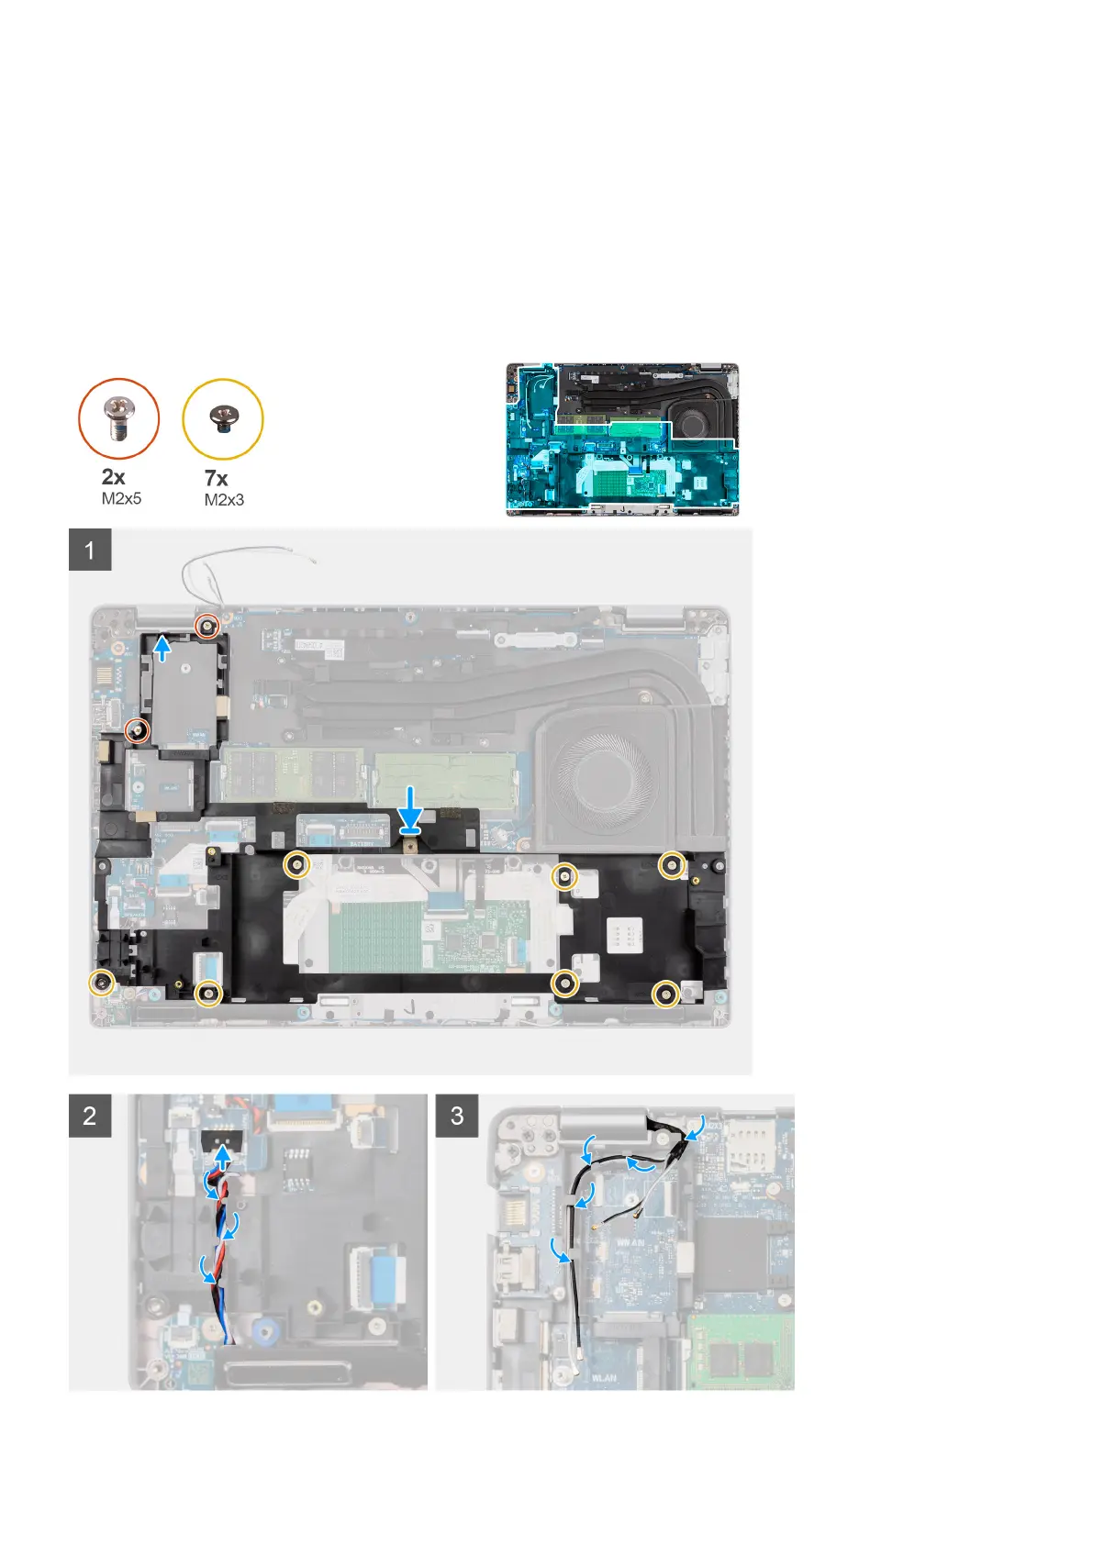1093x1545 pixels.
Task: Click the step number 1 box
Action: point(90,550)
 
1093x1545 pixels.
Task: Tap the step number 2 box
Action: point(90,1116)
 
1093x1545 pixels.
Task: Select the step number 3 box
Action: point(457,1116)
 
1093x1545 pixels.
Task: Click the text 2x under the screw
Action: point(114,477)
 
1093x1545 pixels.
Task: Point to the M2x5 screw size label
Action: point(121,499)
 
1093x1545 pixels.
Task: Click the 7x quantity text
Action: point(217,478)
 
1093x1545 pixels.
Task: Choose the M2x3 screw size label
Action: point(224,500)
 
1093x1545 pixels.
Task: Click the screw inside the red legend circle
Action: point(119,419)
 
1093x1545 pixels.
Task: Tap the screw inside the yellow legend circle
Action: point(223,418)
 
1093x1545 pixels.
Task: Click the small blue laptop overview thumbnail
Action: point(622,439)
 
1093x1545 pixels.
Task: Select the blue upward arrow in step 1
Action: point(162,648)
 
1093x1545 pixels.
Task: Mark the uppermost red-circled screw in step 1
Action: point(209,627)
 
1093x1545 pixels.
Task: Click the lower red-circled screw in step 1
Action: point(137,731)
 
